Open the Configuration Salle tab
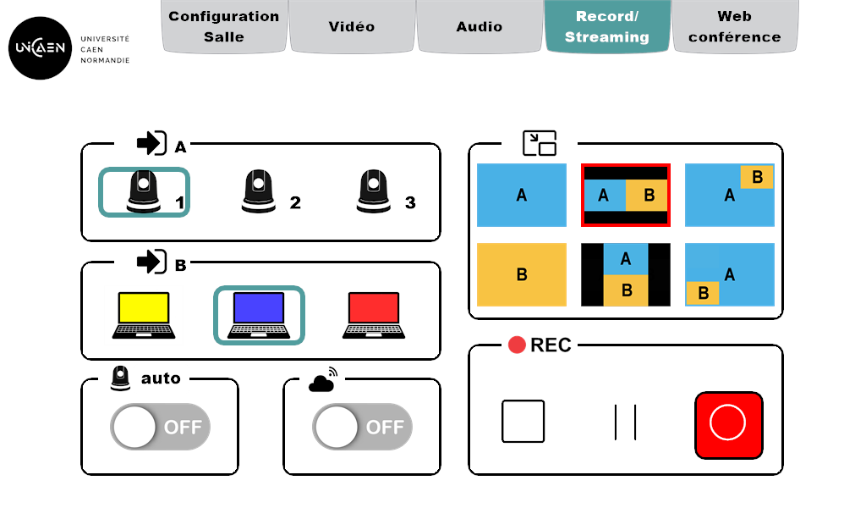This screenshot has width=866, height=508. coord(224,26)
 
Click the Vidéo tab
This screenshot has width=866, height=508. coord(352,26)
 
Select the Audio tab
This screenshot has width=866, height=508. coord(480,26)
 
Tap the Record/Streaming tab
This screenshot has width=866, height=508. coord(607,26)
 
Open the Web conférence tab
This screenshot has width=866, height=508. coord(735,26)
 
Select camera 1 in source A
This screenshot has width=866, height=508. coord(144,192)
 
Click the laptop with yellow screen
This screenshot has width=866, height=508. coord(144,316)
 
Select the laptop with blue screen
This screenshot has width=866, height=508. coord(259,316)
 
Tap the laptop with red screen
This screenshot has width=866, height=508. coord(373,316)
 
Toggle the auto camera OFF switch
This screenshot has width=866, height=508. coord(160,427)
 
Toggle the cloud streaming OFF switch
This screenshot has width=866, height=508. coord(362,427)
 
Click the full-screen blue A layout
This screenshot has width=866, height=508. coord(522,196)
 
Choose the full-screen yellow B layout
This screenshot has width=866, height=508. coord(522,275)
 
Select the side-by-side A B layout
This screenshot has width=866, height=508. coord(626,196)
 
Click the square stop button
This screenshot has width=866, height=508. coord(523,422)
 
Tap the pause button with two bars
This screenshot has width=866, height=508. coord(626,422)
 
